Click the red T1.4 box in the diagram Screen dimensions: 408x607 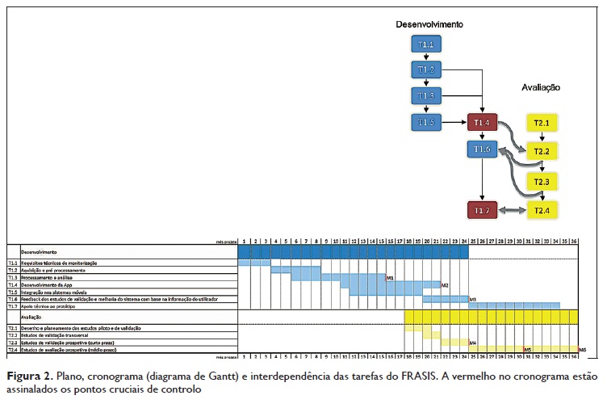(x=482, y=123)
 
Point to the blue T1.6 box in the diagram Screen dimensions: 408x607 (x=482, y=149)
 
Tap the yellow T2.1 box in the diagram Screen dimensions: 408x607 (x=541, y=123)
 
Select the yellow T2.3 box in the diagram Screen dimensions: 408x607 (x=541, y=182)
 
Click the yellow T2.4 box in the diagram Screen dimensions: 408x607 (x=541, y=211)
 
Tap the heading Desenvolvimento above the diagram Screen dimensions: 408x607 (x=429, y=25)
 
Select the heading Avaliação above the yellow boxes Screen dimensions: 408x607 (x=541, y=87)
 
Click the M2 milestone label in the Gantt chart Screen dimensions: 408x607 (x=444, y=284)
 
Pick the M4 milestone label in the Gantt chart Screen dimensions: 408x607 (x=473, y=343)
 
